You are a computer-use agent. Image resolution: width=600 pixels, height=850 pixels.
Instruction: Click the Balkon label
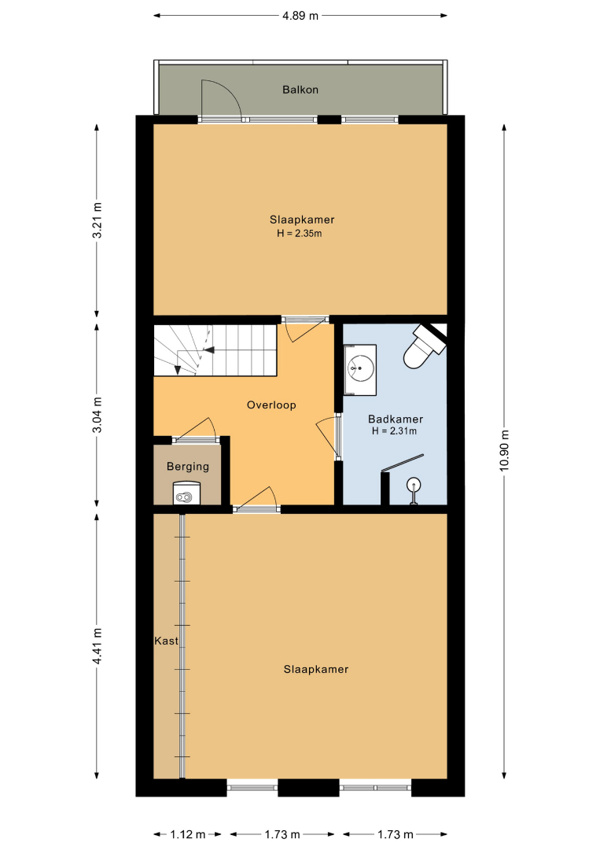[x=300, y=90]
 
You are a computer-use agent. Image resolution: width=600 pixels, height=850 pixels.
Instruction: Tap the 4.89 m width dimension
[x=300, y=15]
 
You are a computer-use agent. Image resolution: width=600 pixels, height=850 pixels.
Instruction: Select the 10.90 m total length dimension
[x=504, y=450]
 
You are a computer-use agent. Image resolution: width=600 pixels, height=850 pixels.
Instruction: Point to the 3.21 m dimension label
[x=97, y=220]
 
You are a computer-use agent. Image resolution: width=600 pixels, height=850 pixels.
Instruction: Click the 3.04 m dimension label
[x=97, y=415]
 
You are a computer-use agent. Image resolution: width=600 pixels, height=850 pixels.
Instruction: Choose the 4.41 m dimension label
[x=97, y=646]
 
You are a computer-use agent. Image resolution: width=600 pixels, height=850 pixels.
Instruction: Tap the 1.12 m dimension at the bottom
[x=188, y=833]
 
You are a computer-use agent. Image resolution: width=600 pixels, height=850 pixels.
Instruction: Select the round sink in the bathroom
[x=360, y=368]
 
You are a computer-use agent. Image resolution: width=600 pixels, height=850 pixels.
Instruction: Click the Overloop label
[x=271, y=405]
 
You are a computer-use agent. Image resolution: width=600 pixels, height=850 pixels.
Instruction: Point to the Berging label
[x=187, y=466]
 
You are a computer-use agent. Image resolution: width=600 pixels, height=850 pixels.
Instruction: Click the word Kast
[x=166, y=641]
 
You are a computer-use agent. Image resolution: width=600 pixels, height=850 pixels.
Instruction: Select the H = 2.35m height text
[x=299, y=234]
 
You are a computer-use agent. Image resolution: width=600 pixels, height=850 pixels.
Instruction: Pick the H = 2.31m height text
[x=394, y=431]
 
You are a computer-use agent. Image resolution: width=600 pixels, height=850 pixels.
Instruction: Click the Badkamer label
[x=396, y=419]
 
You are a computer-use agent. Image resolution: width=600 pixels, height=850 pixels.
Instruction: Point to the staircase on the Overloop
[x=215, y=350]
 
